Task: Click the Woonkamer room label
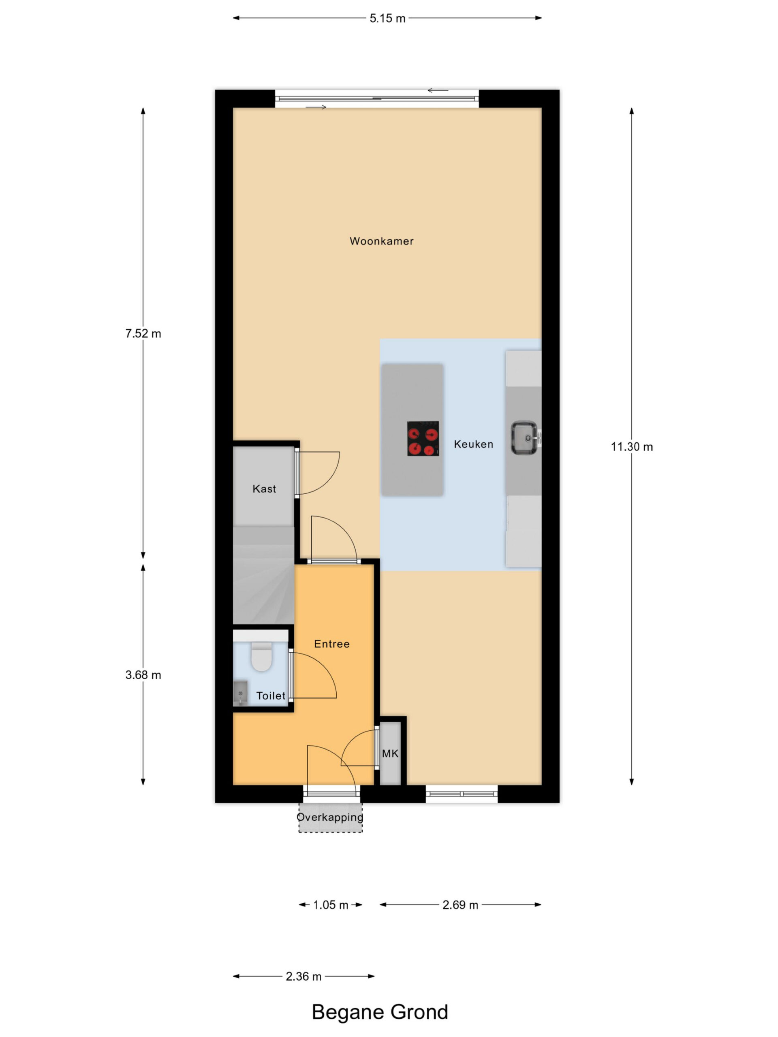click(381, 241)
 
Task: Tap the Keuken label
click(473, 444)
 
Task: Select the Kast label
click(264, 489)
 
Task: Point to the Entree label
click(331, 644)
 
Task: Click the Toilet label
click(271, 696)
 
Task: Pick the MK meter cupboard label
click(390, 753)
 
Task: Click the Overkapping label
click(330, 817)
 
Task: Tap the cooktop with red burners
click(423, 438)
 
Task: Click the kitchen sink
click(525, 438)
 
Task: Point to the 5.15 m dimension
click(387, 18)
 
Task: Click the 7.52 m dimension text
click(143, 333)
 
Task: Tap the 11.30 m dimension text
click(632, 447)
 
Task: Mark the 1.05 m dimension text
click(331, 905)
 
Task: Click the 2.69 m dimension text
click(460, 905)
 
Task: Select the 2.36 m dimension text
click(304, 976)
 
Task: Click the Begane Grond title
click(380, 1012)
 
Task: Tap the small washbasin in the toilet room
click(240, 693)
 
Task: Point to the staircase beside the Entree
click(263, 575)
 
